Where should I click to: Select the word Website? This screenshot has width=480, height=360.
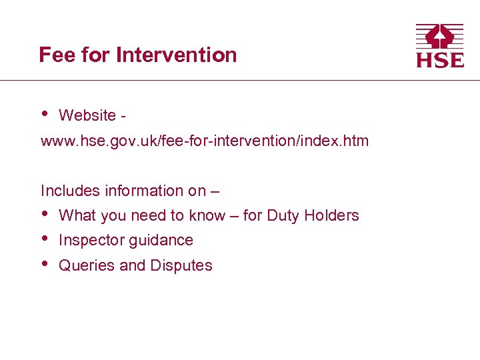tap(87, 115)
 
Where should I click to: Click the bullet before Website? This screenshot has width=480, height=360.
tap(44, 113)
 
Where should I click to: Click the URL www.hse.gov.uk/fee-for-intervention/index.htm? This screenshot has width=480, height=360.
tap(205, 141)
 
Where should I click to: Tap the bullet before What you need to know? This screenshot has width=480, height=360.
tap(44, 213)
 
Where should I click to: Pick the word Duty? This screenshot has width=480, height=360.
tap(284, 215)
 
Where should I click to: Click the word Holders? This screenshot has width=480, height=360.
tap(331, 215)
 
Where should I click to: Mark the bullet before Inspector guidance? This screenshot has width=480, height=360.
tap(44, 238)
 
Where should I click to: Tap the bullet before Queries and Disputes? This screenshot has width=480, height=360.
tap(44, 263)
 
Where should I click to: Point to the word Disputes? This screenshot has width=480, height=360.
tap(181, 265)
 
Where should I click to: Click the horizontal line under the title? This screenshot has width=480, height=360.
tap(240, 81)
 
